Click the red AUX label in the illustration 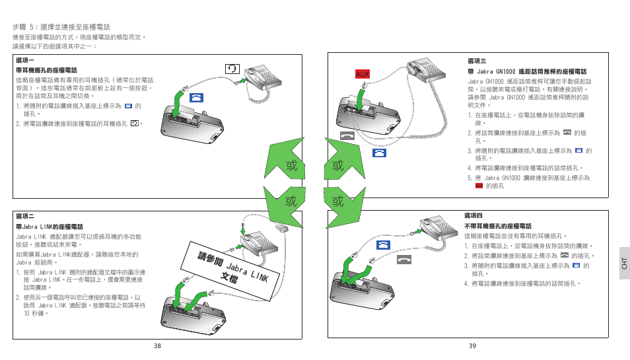click(362, 74)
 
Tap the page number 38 click(157, 346)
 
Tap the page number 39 click(472, 346)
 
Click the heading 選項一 click(24, 61)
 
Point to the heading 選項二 click(24, 216)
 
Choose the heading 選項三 click(477, 61)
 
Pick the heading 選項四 click(473, 216)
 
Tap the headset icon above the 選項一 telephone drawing click(232, 68)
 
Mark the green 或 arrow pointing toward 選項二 click(286, 201)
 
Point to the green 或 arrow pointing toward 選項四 click(342, 201)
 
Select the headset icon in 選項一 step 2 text click(135, 124)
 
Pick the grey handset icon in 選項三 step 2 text click(567, 133)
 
